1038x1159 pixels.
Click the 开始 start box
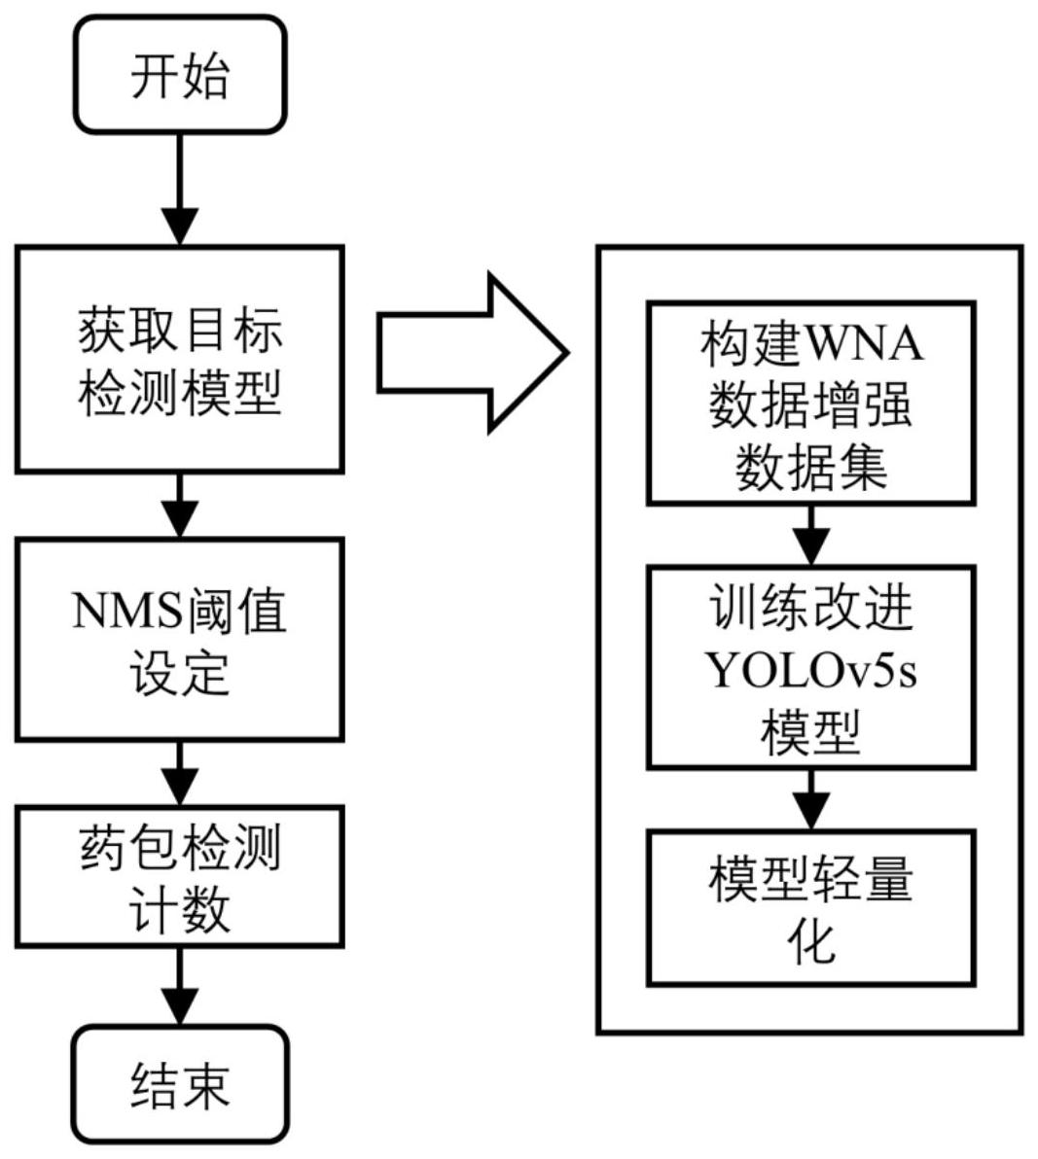pyautogui.click(x=180, y=75)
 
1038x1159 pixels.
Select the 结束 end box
pyautogui.click(x=180, y=1084)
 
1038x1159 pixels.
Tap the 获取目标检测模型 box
pyautogui.click(x=180, y=360)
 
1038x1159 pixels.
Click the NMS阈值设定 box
pyautogui.click(x=180, y=641)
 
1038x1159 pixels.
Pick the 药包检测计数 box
pyautogui.click(x=180, y=876)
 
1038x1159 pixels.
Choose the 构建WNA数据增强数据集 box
pyautogui.click(x=811, y=404)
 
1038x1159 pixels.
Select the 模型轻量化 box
pyautogui.click(x=811, y=907)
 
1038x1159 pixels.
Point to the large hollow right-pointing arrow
pyautogui.click(x=471, y=352)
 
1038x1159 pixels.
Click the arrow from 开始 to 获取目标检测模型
pyautogui.click(x=180, y=190)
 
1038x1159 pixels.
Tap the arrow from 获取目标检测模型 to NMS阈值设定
pyautogui.click(x=180, y=505)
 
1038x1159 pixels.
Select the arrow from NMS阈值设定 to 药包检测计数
pyautogui.click(x=180, y=773)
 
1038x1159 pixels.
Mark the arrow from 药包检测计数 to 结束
pyautogui.click(x=180, y=986)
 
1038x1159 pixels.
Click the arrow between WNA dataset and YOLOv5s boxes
pyautogui.click(x=811, y=535)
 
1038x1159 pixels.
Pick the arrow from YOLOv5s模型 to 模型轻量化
pyautogui.click(x=811, y=799)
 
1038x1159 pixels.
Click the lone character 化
pyautogui.click(x=811, y=940)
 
